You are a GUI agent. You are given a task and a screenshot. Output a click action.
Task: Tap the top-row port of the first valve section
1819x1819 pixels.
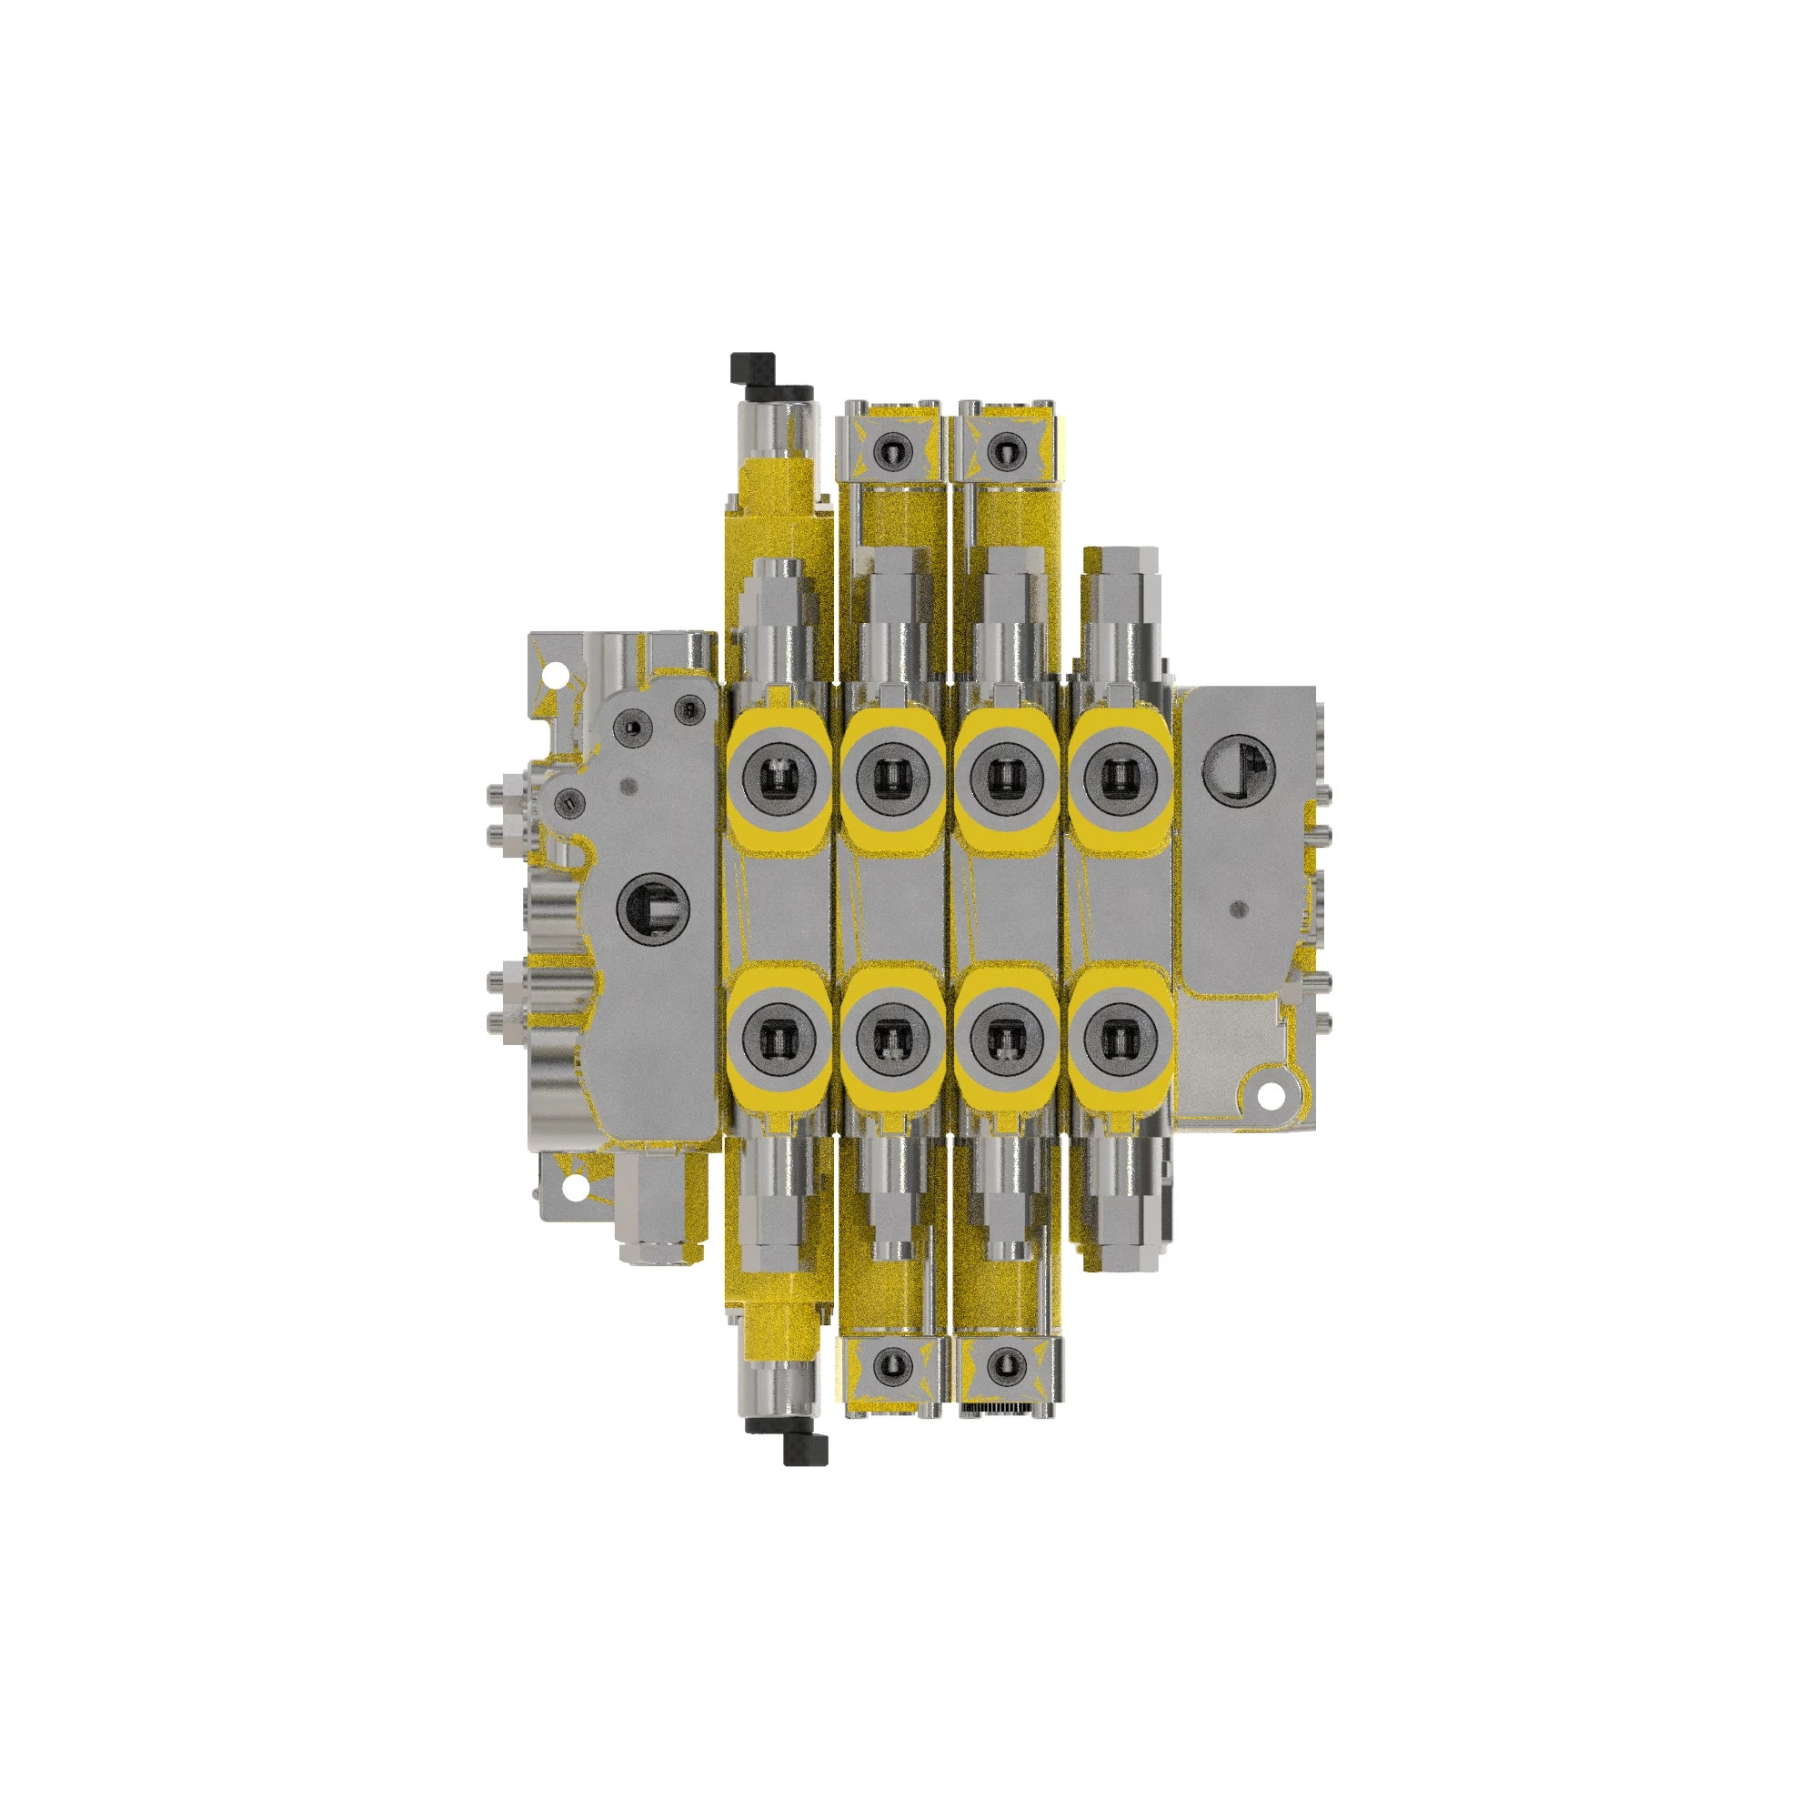779,778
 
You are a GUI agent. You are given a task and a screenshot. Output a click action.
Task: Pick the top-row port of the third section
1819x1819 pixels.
1006,778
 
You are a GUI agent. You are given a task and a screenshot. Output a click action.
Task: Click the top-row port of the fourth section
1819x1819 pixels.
1119,778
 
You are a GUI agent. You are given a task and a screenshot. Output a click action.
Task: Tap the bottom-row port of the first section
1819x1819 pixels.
779,1039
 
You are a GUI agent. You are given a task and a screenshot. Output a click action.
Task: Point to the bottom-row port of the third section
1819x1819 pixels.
1006,1039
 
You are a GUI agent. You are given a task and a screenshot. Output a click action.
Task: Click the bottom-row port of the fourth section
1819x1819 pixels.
1119,1039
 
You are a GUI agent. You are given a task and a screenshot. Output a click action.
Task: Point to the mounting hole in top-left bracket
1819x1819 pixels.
558,675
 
